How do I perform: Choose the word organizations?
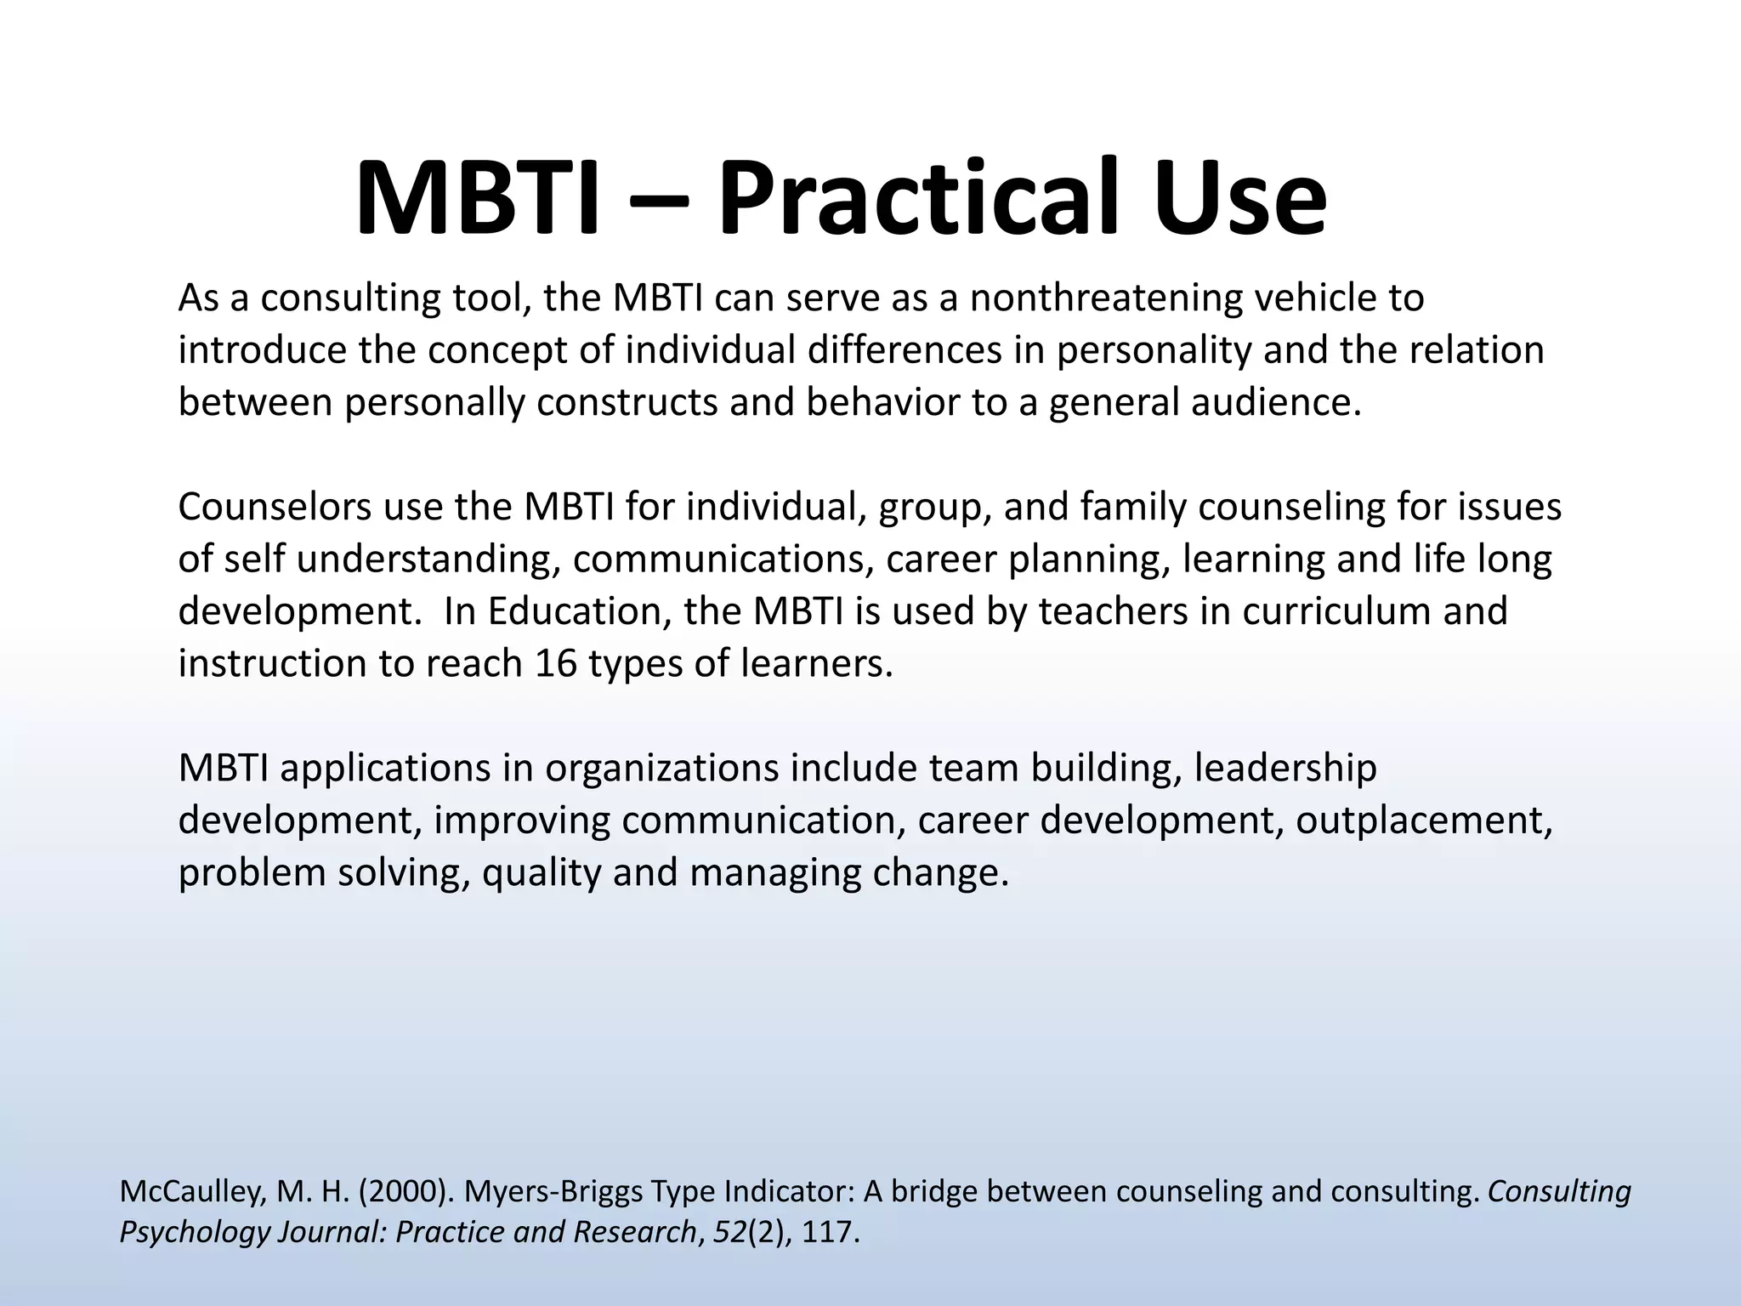tap(661, 769)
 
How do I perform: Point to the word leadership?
tap(1284, 769)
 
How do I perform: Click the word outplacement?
tap(1424, 821)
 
